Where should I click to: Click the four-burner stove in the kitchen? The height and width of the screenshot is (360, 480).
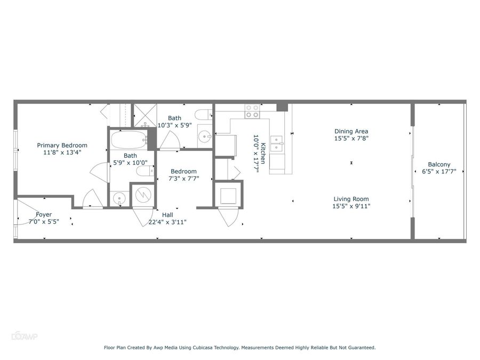[252, 111]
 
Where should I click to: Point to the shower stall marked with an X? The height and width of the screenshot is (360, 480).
[145, 115]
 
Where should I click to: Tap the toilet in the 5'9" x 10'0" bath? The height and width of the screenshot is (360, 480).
[145, 171]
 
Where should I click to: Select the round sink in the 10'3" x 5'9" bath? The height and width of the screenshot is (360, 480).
[204, 136]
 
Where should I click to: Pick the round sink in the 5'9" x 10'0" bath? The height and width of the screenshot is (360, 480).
[118, 199]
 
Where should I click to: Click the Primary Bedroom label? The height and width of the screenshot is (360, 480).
[62, 146]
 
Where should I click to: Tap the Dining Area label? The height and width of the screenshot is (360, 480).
[351, 131]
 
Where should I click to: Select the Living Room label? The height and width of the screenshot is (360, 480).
[351, 199]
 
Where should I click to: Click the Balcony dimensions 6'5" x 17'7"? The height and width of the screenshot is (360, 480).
[439, 172]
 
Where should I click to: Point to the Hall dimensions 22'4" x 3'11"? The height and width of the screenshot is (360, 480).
[167, 222]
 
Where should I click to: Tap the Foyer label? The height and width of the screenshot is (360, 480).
[44, 214]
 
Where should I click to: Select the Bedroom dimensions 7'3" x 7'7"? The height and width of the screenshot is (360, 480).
[183, 179]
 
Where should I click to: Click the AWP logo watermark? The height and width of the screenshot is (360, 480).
[25, 337]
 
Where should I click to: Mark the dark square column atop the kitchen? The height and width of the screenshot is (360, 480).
[282, 107]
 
